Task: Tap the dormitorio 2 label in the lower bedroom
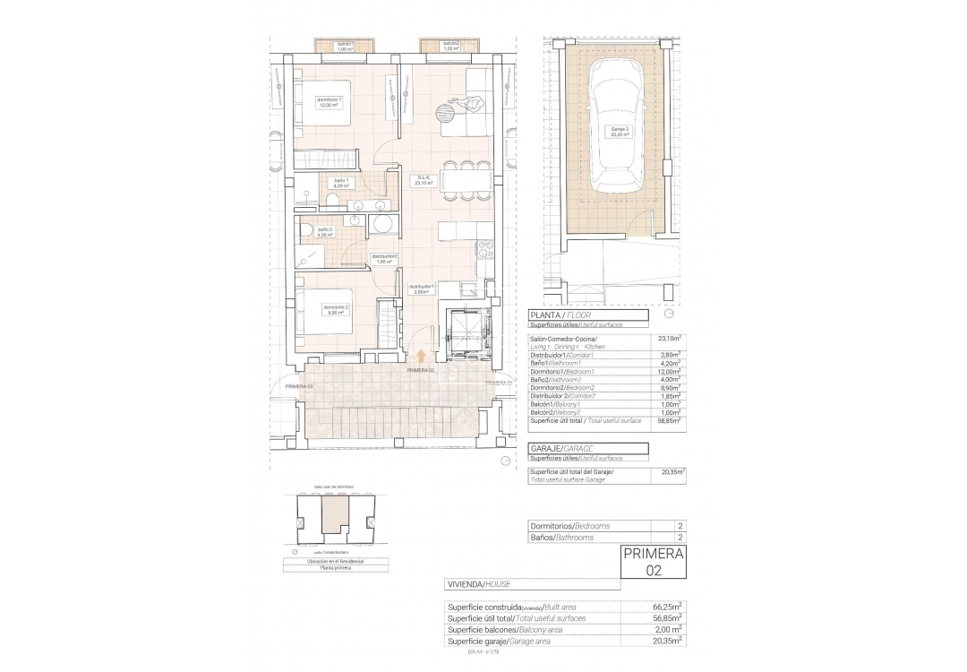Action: pos(336,310)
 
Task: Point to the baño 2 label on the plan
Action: pos(323,232)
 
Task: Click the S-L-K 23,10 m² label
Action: pos(424,180)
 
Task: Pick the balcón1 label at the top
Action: pos(346,47)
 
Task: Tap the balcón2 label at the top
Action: pos(451,47)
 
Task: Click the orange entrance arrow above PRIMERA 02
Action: pos(422,358)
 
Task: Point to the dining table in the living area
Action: pos(465,181)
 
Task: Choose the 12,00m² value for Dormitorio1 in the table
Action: pos(667,371)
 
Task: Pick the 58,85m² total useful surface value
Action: pos(667,420)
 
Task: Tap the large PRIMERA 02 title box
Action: pos(653,562)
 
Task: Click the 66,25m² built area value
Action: pos(667,607)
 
